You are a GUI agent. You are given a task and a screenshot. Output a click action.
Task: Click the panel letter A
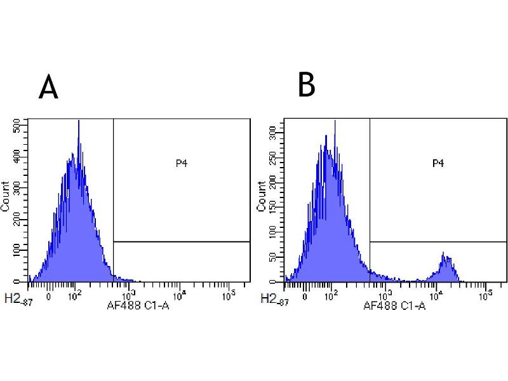pos(48,87)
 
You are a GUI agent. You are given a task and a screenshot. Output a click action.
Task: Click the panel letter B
pos(307,84)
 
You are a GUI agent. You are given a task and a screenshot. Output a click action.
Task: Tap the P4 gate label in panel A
pos(182,163)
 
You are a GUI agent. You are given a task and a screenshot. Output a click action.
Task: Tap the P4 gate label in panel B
pos(438,163)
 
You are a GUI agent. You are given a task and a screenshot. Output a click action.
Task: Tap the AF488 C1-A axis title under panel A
pos(138,305)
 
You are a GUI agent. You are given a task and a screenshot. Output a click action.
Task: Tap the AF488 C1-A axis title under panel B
pos(394,305)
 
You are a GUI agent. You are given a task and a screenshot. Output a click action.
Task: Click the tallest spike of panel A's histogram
pos(78,122)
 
